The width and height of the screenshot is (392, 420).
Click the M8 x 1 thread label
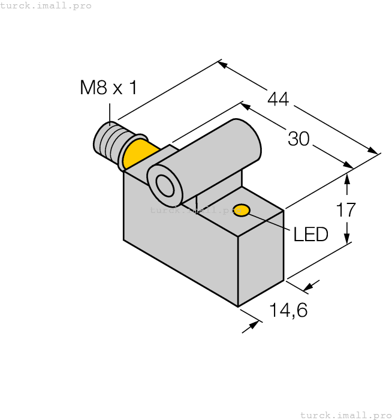coord(108,88)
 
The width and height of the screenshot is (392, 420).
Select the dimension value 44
coord(278,99)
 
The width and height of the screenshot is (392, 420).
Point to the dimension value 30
coord(298,139)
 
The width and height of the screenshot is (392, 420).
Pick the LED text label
coord(310,234)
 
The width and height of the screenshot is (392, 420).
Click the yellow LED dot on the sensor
coord(242,210)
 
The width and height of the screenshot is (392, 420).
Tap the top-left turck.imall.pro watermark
coord(46,5)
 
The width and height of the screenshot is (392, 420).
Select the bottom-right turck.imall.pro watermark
coord(345,415)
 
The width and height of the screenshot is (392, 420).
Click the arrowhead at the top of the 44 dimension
coord(222,64)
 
